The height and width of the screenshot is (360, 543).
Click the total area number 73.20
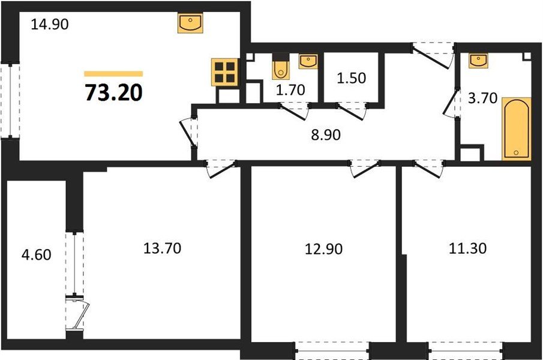(114, 93)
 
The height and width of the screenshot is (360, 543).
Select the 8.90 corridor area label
(326, 135)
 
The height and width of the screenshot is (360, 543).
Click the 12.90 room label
(323, 248)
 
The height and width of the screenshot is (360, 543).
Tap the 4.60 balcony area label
(35, 254)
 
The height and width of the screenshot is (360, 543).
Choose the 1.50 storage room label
(350, 77)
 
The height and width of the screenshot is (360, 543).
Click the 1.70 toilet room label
(290, 91)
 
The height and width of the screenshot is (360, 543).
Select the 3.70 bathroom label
(483, 98)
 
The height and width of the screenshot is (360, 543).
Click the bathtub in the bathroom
(517, 128)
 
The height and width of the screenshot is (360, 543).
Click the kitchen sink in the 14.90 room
(191, 24)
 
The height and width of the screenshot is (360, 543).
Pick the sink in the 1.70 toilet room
(308, 60)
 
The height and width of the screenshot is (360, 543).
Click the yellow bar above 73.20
(113, 73)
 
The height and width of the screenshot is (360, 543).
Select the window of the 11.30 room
(465, 347)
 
